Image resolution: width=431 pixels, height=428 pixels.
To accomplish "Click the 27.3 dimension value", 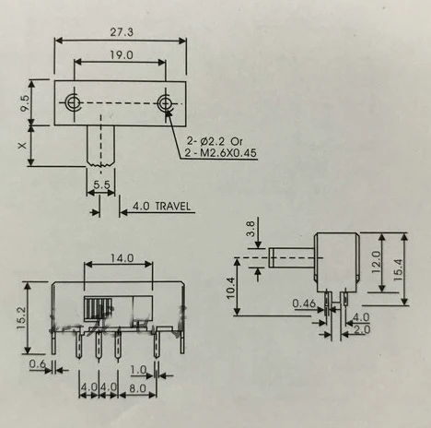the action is [122, 32].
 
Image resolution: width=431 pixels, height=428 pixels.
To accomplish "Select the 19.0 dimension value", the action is [122, 55].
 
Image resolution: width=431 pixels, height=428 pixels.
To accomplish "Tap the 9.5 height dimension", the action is [25, 103].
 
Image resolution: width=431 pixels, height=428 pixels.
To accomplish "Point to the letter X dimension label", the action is [22, 146].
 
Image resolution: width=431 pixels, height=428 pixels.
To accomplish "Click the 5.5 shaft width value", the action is [101, 184].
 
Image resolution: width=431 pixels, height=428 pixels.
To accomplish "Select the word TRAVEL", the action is [173, 206].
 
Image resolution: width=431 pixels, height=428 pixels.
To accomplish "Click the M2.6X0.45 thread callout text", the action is [228, 152].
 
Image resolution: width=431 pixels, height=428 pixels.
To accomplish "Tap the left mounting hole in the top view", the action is [74, 101].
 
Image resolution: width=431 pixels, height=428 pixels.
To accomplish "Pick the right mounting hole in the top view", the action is [166, 103].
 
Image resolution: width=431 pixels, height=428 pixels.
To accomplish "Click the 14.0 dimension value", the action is [122, 258].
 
